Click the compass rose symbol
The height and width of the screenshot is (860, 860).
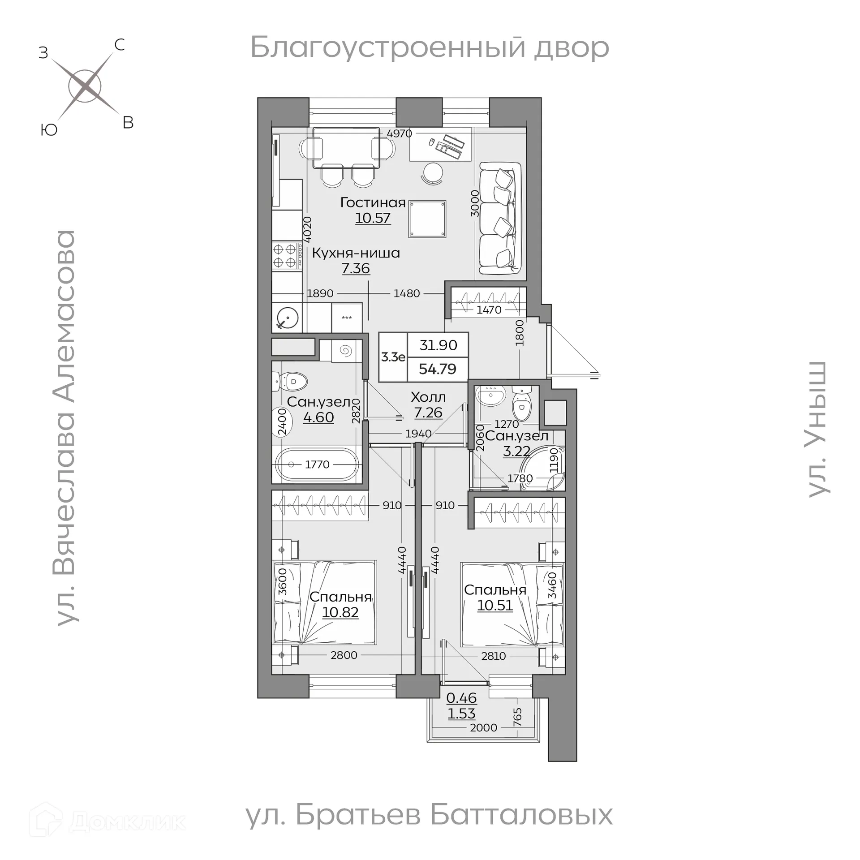click(x=85, y=85)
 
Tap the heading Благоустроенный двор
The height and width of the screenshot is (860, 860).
click(x=429, y=47)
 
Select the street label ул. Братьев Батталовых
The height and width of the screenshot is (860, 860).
click(x=429, y=815)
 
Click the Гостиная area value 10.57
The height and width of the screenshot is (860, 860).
click(x=373, y=218)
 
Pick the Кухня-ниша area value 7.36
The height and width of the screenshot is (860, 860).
click(x=356, y=269)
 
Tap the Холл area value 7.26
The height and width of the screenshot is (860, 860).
click(x=428, y=413)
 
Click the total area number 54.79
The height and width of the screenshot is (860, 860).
click(x=437, y=369)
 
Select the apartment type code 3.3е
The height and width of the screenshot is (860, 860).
click(x=393, y=357)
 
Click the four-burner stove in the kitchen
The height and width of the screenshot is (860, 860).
click(x=284, y=255)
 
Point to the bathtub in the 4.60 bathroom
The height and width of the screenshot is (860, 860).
click(x=317, y=464)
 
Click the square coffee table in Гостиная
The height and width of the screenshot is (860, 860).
click(x=427, y=219)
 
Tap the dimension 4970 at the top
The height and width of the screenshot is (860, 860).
click(x=399, y=133)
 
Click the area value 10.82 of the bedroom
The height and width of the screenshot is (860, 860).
click(x=340, y=612)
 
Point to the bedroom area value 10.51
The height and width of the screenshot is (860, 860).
click(x=494, y=606)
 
